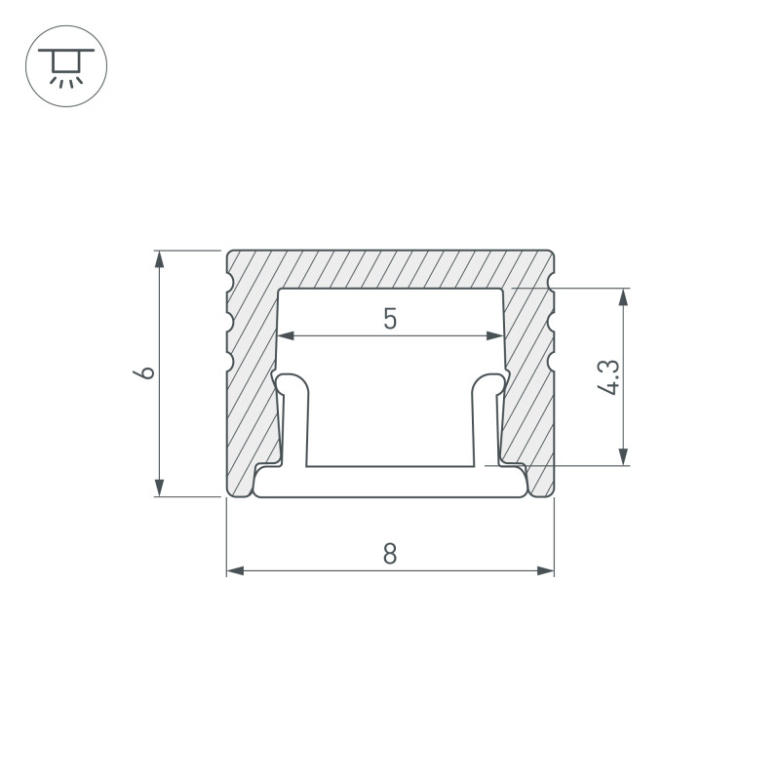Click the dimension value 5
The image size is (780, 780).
click(x=390, y=319)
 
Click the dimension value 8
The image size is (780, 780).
click(x=390, y=553)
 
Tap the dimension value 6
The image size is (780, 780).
click(x=146, y=373)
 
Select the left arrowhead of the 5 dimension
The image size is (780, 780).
click(x=285, y=336)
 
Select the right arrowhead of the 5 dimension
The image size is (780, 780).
click(x=496, y=336)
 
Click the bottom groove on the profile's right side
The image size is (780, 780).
click(x=551, y=362)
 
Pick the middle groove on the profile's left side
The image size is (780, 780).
click(x=230, y=322)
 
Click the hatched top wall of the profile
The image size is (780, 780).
click(x=390, y=269)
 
